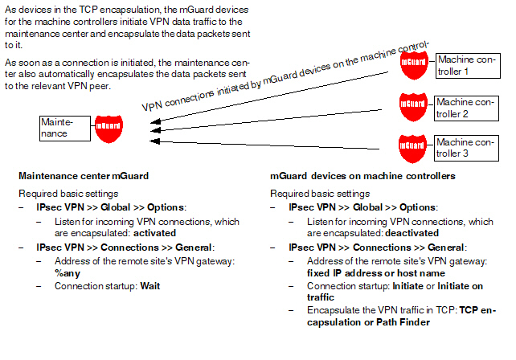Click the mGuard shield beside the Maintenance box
click(109, 129)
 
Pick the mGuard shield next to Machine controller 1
click(414, 65)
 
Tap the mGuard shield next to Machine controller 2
click(413, 107)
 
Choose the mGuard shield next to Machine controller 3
click(412, 149)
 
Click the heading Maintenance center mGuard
click(84, 176)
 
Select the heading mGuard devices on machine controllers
click(362, 176)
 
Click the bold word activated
click(154, 233)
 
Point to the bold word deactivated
click(412, 233)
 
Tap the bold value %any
click(68, 273)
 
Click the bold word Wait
click(150, 286)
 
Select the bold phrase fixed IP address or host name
click(376, 273)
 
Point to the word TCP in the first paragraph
click(88, 10)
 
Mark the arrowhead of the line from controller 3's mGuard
click(154, 141)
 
